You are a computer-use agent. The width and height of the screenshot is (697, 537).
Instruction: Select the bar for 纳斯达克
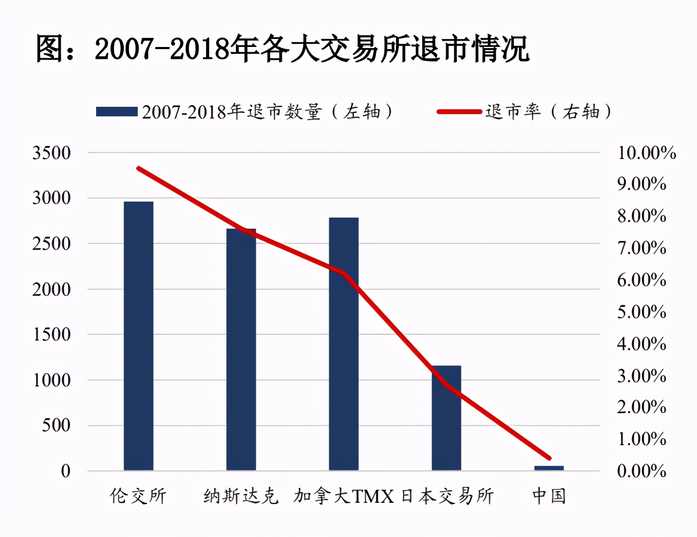[241, 349]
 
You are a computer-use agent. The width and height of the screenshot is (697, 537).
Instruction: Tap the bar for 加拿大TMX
[344, 344]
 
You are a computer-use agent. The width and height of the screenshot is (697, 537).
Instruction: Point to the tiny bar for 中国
[549, 468]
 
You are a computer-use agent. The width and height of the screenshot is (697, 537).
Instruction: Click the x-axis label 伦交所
[138, 496]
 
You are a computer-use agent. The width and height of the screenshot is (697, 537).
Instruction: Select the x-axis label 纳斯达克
[241, 496]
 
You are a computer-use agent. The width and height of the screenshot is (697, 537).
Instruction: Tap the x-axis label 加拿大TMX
[344, 496]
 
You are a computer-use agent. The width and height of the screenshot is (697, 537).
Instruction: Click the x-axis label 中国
[549, 496]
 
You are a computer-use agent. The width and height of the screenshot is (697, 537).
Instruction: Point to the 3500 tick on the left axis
[51, 153]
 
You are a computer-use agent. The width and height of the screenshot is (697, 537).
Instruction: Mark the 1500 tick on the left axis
[51, 335]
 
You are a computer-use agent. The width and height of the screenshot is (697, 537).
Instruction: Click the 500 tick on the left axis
[56, 425]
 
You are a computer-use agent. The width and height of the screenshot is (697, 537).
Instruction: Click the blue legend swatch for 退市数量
[117, 112]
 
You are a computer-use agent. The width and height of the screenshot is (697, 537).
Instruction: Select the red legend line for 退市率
[459, 112]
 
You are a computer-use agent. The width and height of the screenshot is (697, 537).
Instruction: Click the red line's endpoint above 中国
[549, 458]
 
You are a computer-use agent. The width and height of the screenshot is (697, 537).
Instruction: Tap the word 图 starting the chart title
[50, 49]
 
